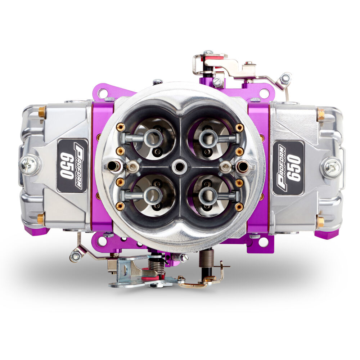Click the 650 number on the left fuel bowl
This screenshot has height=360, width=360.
pyautogui.click(x=67, y=166)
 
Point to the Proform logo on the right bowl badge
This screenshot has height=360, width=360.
pyautogui.click(x=282, y=167)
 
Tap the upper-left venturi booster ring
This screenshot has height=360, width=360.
pyautogui.click(x=153, y=138)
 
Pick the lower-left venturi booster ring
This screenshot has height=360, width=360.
pyautogui.click(x=153, y=195)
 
